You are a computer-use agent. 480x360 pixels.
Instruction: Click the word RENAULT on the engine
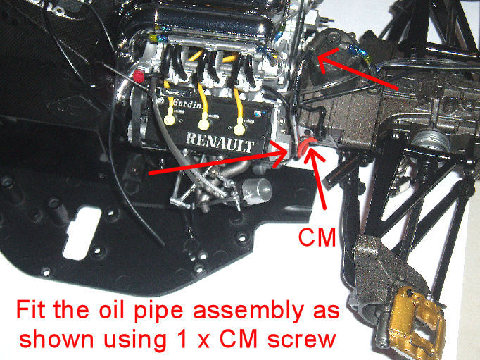pyautogui.click(x=220, y=142)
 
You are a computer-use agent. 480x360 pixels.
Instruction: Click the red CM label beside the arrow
pyautogui.click(x=317, y=237)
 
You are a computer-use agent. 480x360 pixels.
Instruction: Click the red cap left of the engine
pyautogui.click(x=139, y=76)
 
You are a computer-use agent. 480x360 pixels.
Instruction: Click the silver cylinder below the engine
pyautogui.click(x=256, y=191)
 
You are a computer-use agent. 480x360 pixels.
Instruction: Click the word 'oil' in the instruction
pyautogui.click(x=112, y=310)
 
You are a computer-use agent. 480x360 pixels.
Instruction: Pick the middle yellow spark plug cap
pyautogui.click(x=204, y=125)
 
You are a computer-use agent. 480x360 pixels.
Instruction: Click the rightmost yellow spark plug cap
pyautogui.click(x=239, y=129)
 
